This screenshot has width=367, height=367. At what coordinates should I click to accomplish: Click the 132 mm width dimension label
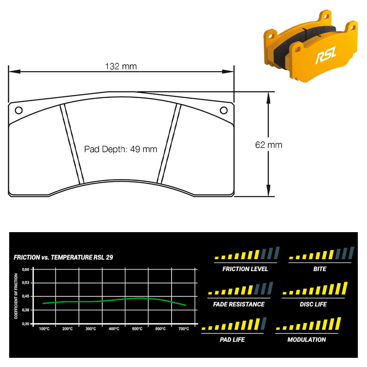pyautogui.click(x=121, y=67)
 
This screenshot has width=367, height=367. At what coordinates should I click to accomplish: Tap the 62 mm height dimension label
pyautogui.click(x=269, y=145)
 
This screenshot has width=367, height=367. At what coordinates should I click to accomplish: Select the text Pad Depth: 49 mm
pyautogui.click(x=121, y=149)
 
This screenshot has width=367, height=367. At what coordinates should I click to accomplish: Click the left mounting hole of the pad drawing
pyautogui.click(x=19, y=110)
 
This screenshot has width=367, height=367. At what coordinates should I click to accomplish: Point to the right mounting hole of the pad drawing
pyautogui.click(x=224, y=110)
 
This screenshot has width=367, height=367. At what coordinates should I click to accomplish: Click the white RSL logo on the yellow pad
pyautogui.click(x=326, y=55)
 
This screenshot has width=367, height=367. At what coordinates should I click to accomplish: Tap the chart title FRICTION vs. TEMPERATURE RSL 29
pyautogui.click(x=63, y=257)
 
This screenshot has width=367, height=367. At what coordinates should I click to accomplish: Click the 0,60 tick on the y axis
pyautogui.click(x=26, y=269)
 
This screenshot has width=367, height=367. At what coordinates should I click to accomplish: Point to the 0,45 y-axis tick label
pyautogui.click(x=26, y=296)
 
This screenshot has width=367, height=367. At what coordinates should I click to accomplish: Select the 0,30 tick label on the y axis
pyautogui.click(x=26, y=324)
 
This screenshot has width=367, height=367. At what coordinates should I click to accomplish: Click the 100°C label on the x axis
pyautogui.click(x=44, y=329)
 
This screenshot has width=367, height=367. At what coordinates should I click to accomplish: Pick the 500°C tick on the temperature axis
pyautogui.click(x=137, y=329)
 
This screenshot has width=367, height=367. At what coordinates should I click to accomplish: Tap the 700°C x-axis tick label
pyautogui.click(x=184, y=329)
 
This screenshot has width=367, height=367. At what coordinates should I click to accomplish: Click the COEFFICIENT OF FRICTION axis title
pyautogui.click(x=16, y=296)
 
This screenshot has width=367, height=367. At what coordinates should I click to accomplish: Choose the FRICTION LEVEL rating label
pyautogui.click(x=245, y=269)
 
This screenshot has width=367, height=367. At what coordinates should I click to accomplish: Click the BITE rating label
pyautogui.click(x=320, y=269)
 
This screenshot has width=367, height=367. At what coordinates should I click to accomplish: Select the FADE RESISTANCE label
pyautogui.click(x=239, y=304)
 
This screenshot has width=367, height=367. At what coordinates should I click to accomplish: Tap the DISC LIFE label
pyautogui.click(x=313, y=304)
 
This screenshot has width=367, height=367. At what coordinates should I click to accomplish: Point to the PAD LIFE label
pyautogui.click(x=232, y=339)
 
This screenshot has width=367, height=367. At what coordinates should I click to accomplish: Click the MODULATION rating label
pyautogui.click(x=306, y=339)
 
